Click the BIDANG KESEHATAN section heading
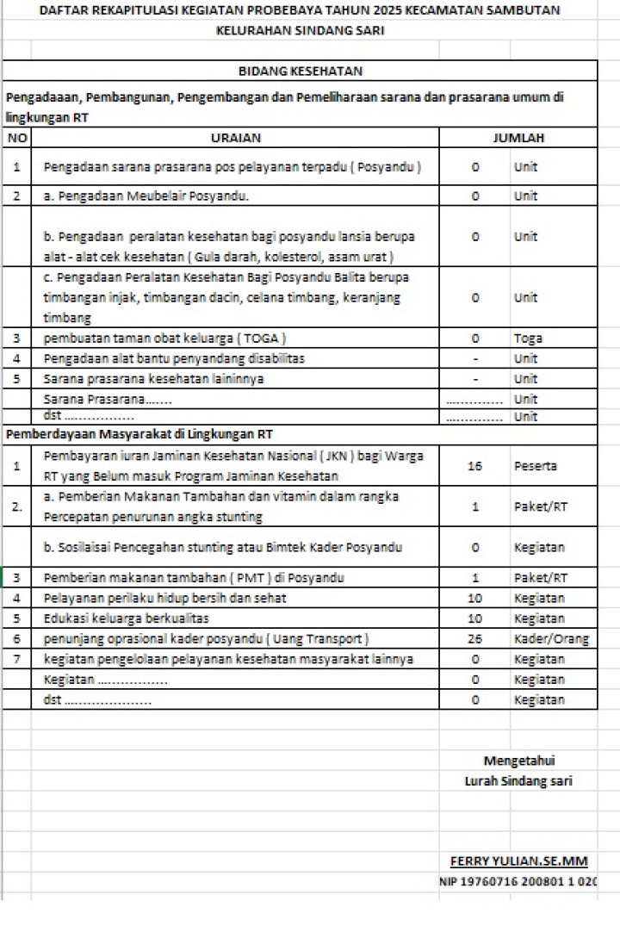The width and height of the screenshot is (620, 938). click(300, 71)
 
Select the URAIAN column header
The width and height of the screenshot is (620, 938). click(235, 138)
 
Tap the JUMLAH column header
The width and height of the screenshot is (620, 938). click(518, 138)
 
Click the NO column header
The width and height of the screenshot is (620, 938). click(16, 138)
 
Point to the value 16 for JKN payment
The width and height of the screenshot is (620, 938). click(474, 466)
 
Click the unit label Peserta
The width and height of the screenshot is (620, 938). click(536, 466)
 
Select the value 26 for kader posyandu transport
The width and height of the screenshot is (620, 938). click(474, 639)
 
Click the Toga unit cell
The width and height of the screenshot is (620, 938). click(528, 339)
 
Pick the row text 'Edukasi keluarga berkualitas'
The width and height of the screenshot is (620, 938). click(126, 618)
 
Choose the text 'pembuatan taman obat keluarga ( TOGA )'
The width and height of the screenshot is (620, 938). click(165, 339)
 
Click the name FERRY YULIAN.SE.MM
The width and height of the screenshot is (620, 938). click(518, 861)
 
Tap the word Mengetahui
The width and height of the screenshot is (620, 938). click(519, 761)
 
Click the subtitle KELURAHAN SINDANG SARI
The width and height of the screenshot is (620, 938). click(300, 30)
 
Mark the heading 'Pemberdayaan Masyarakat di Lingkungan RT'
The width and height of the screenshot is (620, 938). click(139, 434)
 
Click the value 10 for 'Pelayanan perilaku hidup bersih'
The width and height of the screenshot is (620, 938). click(474, 598)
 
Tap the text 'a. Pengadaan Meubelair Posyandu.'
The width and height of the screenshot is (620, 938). click(146, 196)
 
